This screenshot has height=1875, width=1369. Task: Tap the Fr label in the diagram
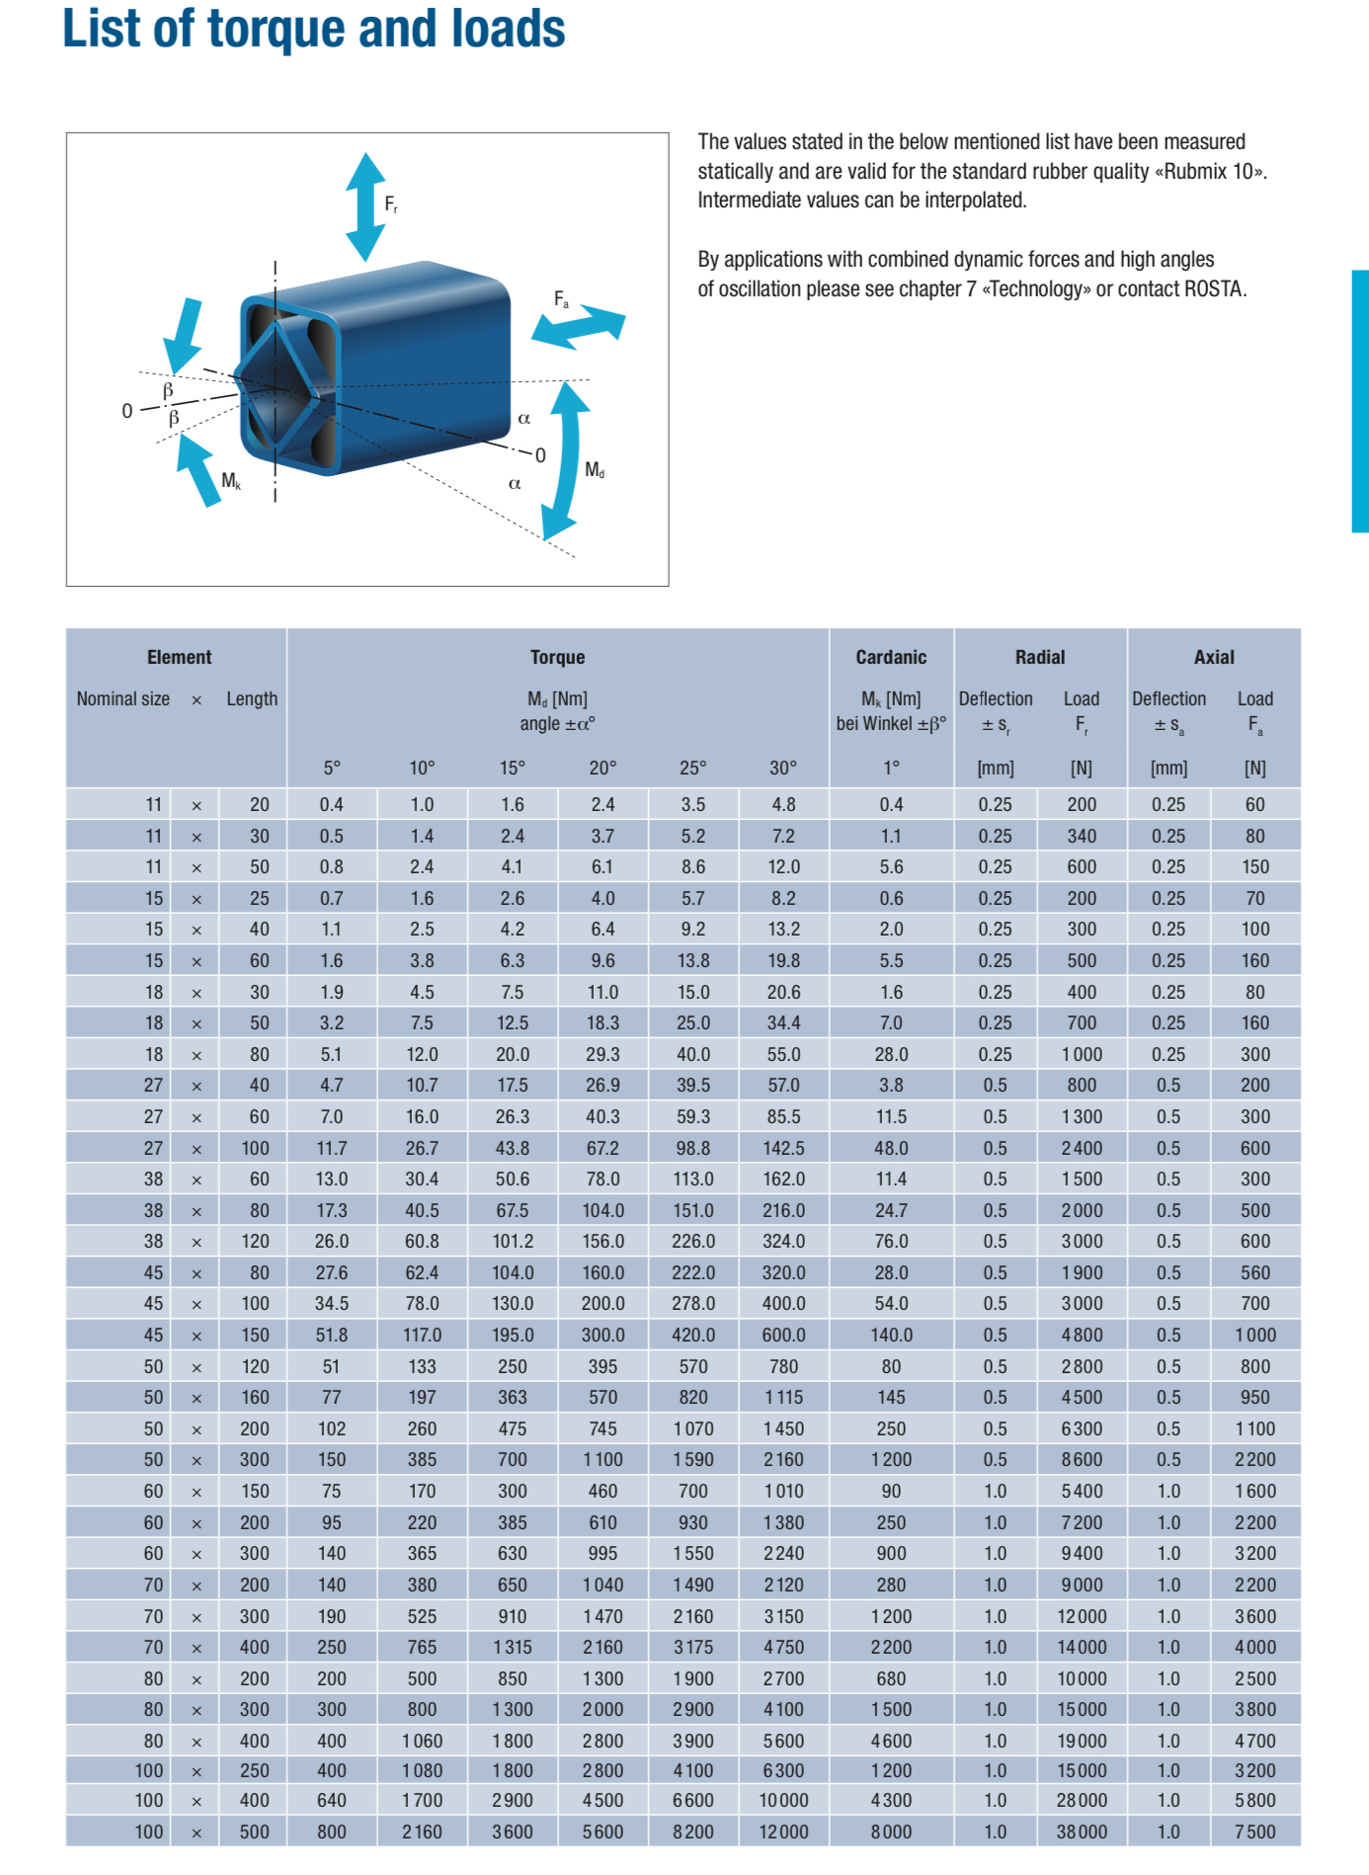point(391,204)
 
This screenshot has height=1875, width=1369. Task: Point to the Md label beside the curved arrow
point(595,469)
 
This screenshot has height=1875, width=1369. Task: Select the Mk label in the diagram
point(231,481)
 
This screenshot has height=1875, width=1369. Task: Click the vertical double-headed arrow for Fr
point(365,206)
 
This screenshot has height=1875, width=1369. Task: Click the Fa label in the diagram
point(561,298)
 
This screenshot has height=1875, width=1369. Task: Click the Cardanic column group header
point(891,657)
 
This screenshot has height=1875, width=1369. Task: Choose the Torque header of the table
point(557,657)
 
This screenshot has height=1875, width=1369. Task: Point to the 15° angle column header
point(512,768)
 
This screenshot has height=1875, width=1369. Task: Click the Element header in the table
point(179,657)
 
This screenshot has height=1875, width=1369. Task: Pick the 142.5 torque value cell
point(783,1148)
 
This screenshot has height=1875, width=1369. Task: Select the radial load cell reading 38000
point(1082,1832)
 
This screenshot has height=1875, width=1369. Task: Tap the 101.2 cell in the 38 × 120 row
point(513,1241)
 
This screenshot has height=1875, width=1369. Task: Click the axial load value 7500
point(1254,1832)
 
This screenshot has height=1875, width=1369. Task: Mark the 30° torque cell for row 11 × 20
point(783,804)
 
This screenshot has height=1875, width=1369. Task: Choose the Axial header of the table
point(1214,657)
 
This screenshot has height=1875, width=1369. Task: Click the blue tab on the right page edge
point(1360,401)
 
